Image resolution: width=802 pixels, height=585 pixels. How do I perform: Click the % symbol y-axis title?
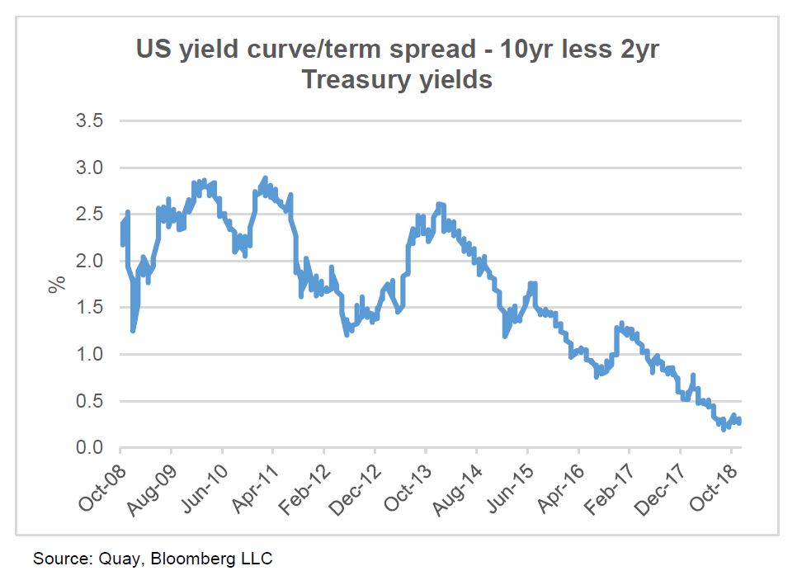56,285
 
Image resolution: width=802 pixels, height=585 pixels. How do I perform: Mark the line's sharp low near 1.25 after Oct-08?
133,331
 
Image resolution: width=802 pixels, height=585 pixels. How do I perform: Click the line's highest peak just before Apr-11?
265,177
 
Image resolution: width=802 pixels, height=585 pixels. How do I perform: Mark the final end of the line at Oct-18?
740,422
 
